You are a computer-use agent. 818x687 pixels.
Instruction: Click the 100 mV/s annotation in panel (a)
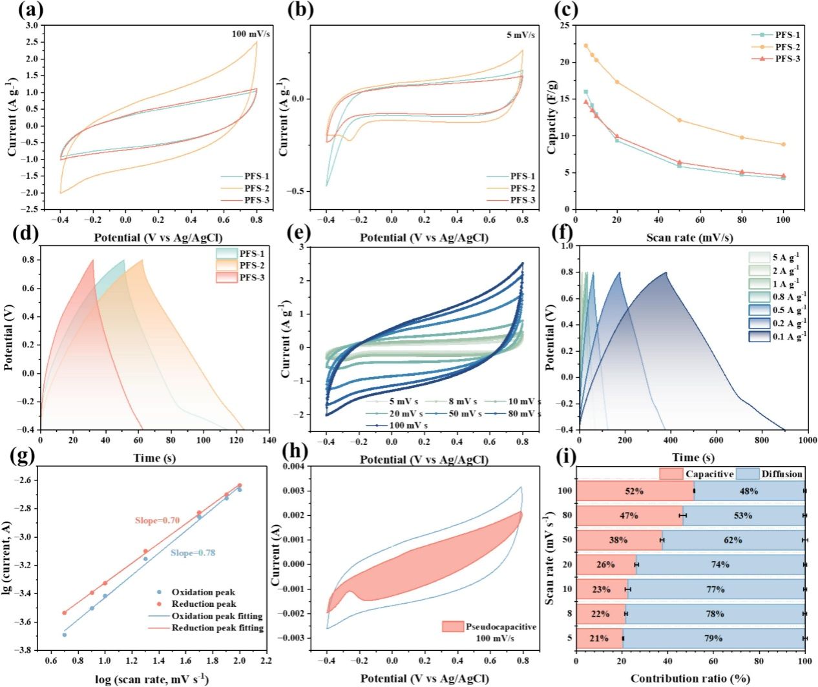pos(251,34)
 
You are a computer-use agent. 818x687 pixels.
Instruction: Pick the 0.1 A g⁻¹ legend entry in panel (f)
pos(788,336)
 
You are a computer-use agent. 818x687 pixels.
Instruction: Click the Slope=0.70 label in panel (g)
pos(157,520)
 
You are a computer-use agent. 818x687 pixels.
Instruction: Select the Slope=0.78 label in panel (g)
pos(193,553)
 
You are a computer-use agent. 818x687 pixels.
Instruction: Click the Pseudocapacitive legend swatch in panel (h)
pos(452,626)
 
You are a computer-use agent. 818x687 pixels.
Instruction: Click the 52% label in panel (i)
pos(634,491)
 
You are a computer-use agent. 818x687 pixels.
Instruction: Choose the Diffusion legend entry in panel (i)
pos(781,474)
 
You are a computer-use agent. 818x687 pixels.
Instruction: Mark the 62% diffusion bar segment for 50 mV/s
pos(733,540)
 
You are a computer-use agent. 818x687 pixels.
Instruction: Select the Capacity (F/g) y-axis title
pos(552,117)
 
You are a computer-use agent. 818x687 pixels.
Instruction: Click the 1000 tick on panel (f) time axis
pos(804,440)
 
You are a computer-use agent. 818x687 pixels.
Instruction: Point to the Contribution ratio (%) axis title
pos(690,679)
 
